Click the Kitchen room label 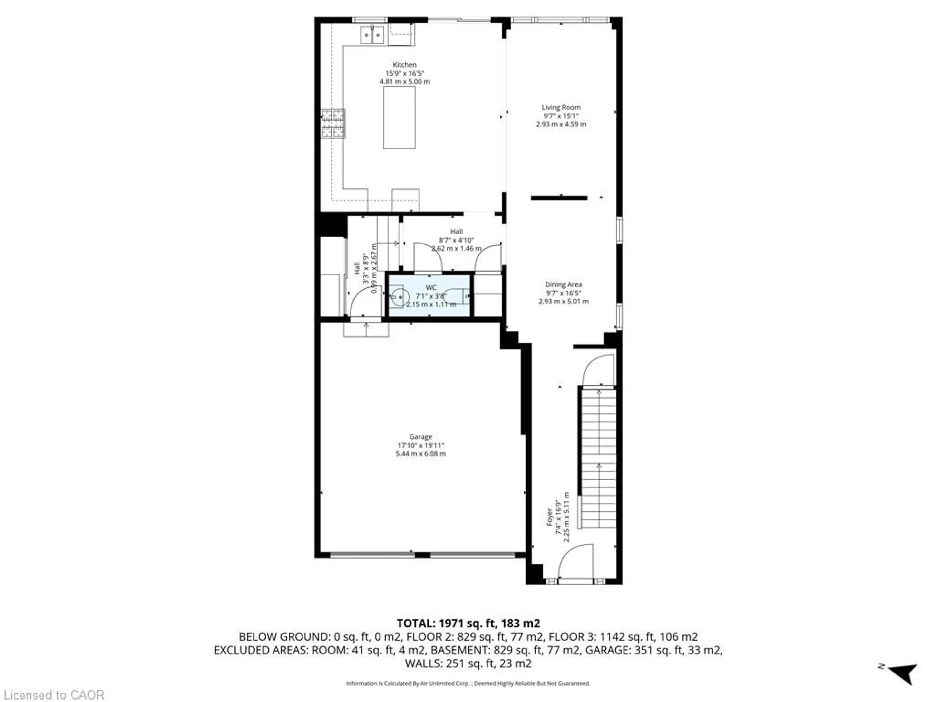405,65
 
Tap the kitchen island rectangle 399,118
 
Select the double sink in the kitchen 372,34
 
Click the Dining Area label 563,284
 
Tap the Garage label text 421,437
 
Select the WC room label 431,288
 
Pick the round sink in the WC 398,297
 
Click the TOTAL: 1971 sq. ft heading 468,623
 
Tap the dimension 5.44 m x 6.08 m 421,454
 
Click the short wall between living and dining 559,198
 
